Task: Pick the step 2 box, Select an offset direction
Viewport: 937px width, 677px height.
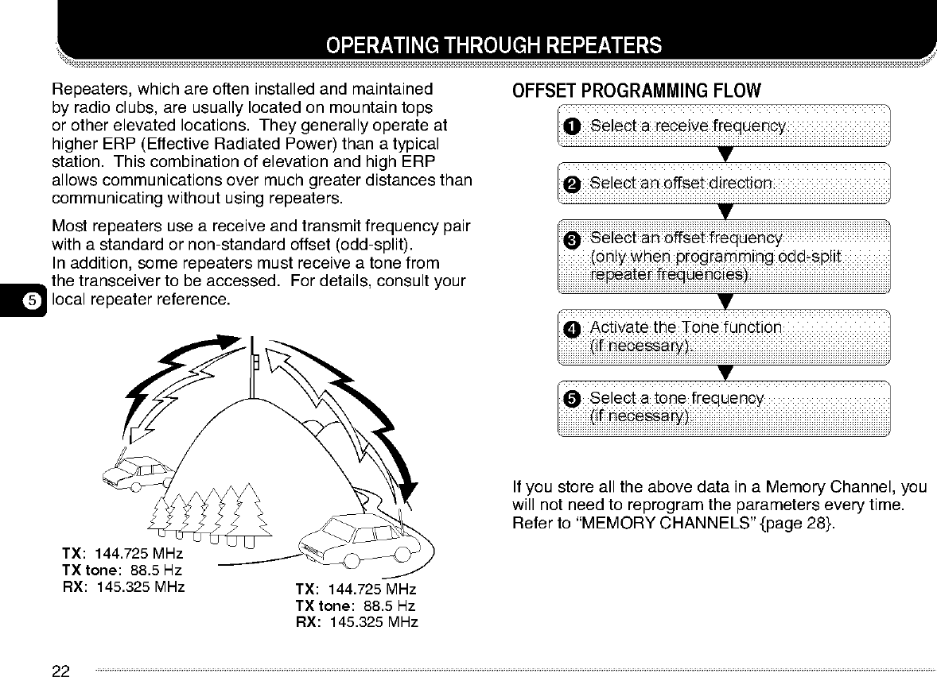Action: (723, 184)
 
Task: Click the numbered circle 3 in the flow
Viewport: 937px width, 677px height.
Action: (572, 240)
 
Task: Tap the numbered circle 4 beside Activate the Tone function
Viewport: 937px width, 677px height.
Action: (572, 329)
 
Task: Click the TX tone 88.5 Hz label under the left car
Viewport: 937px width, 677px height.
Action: (122, 570)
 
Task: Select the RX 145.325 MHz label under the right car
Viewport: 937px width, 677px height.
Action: (356, 621)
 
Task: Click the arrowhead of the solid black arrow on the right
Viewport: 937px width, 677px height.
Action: (411, 482)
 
